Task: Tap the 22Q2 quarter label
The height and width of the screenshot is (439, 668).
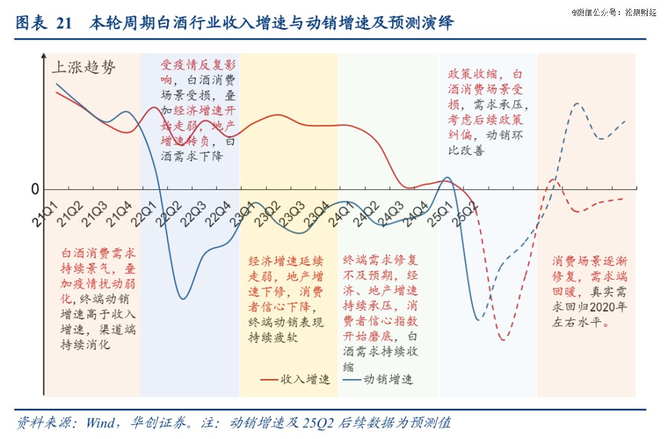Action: tap(169, 213)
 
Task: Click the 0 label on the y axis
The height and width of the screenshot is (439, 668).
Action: tap(35, 189)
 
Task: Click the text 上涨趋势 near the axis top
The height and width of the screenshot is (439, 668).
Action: tap(86, 68)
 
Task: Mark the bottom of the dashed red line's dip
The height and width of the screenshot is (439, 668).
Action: tap(503, 339)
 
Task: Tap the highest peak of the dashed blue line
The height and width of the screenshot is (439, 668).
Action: tap(577, 103)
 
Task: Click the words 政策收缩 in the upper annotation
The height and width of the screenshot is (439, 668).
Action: tap(472, 74)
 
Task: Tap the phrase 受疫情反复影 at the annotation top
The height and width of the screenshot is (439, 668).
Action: tap(198, 65)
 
